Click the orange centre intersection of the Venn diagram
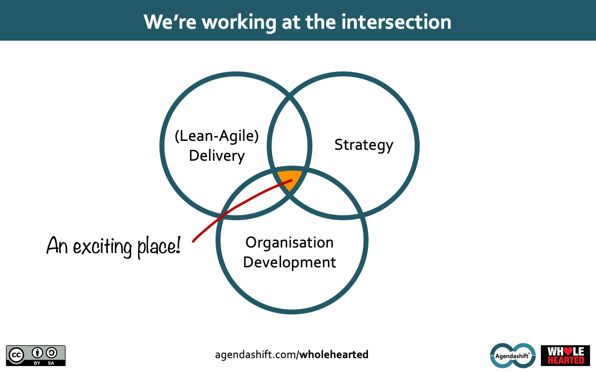(290, 179)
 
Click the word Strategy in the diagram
(364, 145)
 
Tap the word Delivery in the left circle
(217, 156)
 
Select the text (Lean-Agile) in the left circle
(217, 136)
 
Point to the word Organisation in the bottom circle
(289, 243)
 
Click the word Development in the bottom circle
(290, 262)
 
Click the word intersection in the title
(396, 22)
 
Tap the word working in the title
(239, 23)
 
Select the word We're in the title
(170, 22)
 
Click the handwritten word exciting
(102, 247)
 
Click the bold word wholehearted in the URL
(334, 355)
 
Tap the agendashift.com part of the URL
(256, 355)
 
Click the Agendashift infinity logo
(513, 356)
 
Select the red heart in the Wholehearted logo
(568, 351)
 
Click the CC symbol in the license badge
(16, 355)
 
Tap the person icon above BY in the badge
(37, 353)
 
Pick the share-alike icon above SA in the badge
(51, 353)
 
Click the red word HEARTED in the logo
(566, 360)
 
